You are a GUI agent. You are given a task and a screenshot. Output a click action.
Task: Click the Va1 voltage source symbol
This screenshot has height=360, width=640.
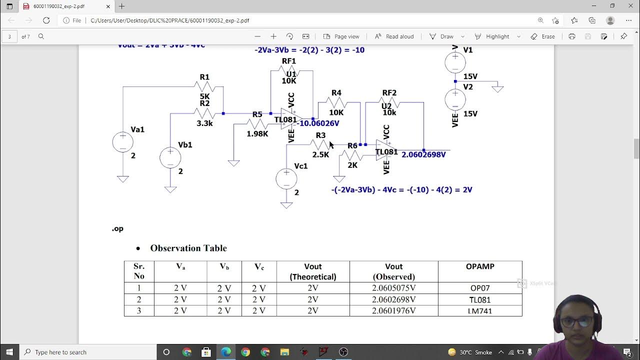(x=122, y=142)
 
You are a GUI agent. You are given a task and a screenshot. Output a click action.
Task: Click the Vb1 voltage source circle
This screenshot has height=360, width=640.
(x=170, y=157)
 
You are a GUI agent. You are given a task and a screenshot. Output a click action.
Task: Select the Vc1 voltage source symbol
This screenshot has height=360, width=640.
(x=286, y=179)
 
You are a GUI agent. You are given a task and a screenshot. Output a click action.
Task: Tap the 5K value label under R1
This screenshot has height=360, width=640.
(x=204, y=96)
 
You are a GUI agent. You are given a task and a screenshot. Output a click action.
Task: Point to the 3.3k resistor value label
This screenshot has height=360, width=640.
(x=204, y=123)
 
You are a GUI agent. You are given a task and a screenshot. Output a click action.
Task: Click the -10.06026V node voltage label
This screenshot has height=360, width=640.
(x=319, y=123)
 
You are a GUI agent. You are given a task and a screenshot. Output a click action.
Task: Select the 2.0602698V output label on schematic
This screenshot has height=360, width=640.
(x=423, y=154)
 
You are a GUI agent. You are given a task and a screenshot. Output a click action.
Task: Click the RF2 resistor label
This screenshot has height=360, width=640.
(x=389, y=93)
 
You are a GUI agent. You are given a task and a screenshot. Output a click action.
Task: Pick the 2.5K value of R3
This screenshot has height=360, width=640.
(x=320, y=154)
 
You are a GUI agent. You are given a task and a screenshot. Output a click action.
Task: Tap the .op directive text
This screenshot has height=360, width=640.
(x=117, y=228)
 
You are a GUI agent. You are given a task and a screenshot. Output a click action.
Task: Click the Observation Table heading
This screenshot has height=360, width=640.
(x=188, y=248)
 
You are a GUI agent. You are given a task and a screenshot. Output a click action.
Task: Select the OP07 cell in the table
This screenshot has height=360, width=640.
(x=479, y=288)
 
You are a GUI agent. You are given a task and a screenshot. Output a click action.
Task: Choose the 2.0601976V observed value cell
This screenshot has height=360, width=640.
(x=393, y=310)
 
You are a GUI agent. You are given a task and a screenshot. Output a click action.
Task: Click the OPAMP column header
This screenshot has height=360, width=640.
(x=479, y=266)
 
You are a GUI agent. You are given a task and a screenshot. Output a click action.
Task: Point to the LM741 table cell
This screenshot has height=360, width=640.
(x=479, y=310)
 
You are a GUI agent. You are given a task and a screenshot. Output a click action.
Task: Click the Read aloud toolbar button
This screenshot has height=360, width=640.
(x=394, y=36)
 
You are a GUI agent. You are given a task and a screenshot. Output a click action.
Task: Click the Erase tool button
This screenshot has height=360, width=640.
(x=542, y=36)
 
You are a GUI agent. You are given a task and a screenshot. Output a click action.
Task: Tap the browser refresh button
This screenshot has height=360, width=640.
(x=46, y=20)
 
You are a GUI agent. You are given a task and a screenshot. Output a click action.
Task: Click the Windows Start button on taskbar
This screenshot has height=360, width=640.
(x=9, y=352)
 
